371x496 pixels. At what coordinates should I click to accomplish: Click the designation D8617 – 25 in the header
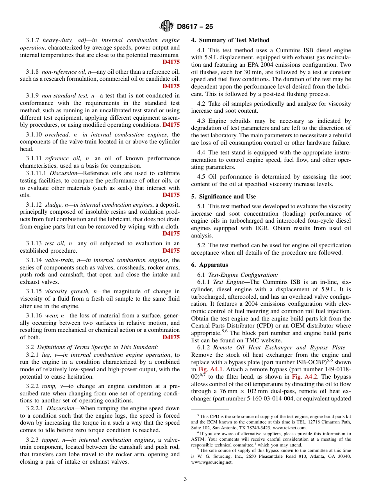pyautogui.click(x=195, y=27)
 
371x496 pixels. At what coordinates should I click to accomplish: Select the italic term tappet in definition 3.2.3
pyautogui.click(x=53, y=440)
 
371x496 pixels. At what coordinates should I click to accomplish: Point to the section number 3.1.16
pyautogui.click(x=34, y=315)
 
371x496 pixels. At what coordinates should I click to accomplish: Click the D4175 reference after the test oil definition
pyautogui.click(x=171, y=251)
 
